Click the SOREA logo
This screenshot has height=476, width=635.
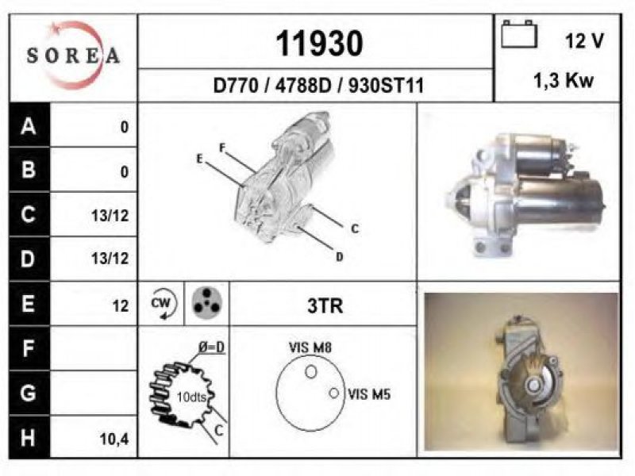(73, 56)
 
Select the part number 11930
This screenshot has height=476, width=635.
(319, 44)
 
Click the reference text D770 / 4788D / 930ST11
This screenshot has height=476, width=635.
(318, 86)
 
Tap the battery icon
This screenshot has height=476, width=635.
(519, 34)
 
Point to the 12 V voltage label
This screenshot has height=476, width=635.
(584, 41)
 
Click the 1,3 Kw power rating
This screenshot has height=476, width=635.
(564, 81)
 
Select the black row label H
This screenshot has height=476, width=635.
(29, 438)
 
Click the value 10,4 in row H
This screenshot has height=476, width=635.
(114, 439)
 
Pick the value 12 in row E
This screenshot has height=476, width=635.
(121, 306)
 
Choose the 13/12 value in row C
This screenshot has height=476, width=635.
(110, 216)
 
